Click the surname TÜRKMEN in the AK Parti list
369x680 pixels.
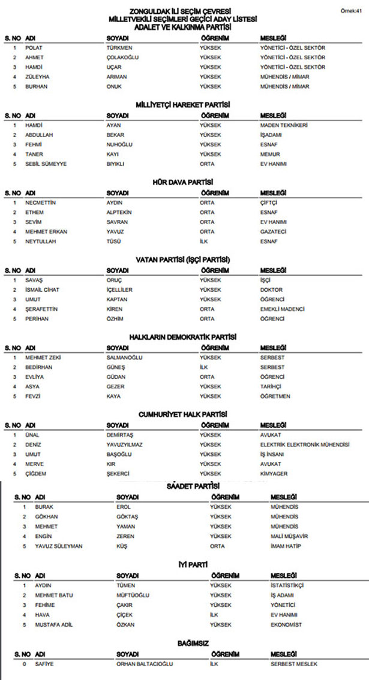[119, 47]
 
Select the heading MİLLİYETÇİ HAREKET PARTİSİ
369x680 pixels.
[184, 105]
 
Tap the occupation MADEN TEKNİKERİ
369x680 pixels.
[284, 125]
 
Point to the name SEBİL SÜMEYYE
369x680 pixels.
[46, 164]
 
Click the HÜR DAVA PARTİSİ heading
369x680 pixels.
[184, 182]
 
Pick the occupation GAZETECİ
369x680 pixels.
[272, 231]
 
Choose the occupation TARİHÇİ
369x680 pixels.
[271, 386]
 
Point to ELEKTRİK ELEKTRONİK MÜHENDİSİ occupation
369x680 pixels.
[304, 445]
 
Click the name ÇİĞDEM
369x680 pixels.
[37, 473]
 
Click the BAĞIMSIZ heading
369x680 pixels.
[193, 643]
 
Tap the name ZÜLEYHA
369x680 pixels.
[37, 77]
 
